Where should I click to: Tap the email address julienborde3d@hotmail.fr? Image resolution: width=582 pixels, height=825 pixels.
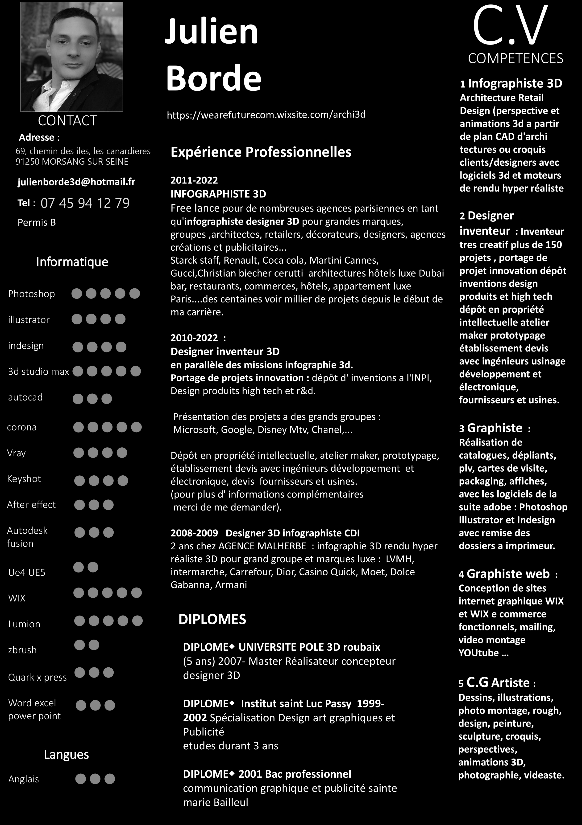[76, 182]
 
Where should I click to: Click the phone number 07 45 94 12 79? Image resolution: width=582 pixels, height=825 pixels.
[85, 203]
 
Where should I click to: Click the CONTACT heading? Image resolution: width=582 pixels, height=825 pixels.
[67, 121]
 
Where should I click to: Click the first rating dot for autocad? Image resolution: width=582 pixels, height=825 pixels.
[78, 399]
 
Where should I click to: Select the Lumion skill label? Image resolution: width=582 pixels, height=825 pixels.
[24, 624]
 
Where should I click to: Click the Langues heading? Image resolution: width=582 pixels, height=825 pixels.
[66, 754]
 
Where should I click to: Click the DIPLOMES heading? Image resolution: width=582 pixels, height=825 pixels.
[212, 619]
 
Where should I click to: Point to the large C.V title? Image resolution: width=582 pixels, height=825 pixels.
[510, 27]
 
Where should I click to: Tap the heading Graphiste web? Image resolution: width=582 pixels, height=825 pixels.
[508, 574]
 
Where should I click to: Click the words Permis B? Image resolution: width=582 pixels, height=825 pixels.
[37, 222]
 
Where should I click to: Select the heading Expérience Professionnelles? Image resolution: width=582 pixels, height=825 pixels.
[261, 152]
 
